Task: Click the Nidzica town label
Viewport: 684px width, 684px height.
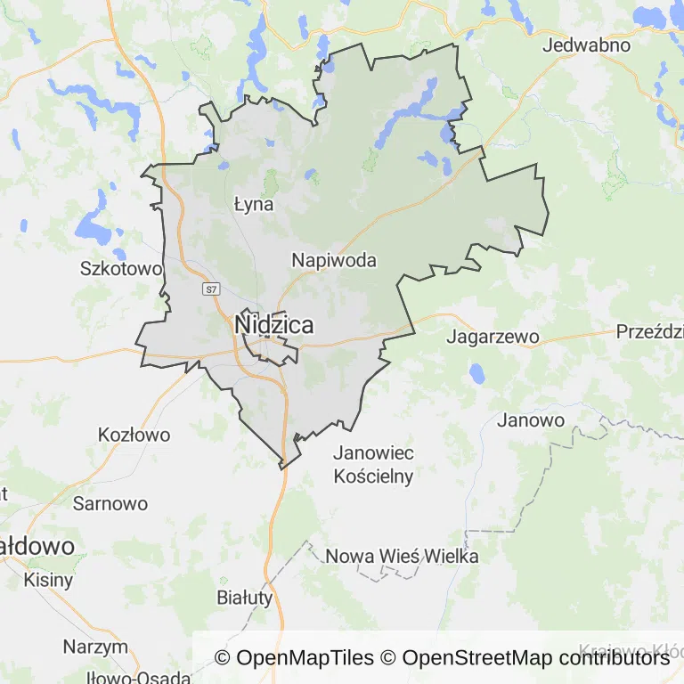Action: [273, 325]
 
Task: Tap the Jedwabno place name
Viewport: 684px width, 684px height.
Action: [586, 45]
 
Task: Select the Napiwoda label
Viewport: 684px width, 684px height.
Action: [334, 261]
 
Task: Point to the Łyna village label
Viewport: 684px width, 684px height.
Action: [253, 204]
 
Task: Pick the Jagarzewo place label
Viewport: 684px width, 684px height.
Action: [493, 337]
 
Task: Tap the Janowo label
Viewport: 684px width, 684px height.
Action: [531, 419]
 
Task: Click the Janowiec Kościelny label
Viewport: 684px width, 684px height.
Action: [373, 464]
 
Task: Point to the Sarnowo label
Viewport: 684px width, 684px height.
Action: [110, 503]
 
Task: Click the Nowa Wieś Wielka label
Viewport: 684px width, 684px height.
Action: [403, 557]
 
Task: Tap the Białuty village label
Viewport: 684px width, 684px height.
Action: [245, 598]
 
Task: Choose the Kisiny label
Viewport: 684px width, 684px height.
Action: [49, 580]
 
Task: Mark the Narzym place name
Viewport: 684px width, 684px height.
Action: [95, 647]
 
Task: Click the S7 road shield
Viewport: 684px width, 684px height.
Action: [210, 289]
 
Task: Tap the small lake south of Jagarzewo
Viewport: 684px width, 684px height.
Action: [478, 372]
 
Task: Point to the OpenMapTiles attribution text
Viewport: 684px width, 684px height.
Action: [294, 658]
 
